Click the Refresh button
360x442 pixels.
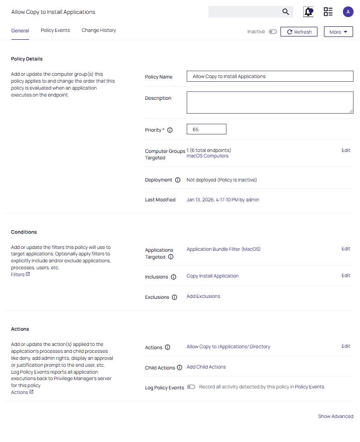299,32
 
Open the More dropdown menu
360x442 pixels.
338,32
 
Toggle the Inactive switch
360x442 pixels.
273,32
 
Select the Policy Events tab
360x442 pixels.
55,30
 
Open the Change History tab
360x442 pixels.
98,30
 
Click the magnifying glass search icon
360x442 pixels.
286,12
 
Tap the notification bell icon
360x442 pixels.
308,12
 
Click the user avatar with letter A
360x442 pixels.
348,12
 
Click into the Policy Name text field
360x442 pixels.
270,77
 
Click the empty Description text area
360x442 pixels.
270,102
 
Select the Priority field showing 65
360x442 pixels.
206,129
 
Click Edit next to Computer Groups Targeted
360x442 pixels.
346,151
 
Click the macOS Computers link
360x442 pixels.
207,156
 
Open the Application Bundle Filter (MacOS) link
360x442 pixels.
223,249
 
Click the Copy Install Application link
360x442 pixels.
212,276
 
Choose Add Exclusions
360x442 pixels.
203,297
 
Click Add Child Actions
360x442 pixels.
206,367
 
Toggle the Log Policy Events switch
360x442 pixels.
191,387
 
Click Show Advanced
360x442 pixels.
336,417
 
